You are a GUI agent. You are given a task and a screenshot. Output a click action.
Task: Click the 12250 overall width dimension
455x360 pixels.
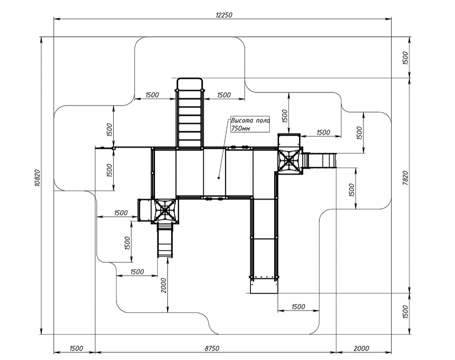224,15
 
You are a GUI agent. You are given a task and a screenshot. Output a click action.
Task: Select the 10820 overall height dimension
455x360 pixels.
37,178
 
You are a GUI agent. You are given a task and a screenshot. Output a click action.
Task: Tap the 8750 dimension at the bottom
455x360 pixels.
212,349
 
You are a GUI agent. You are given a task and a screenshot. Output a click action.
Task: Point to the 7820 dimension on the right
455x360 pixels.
406,178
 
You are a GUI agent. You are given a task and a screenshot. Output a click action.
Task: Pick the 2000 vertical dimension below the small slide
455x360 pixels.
164,285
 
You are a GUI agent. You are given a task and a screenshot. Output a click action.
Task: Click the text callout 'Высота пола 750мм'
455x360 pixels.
250,125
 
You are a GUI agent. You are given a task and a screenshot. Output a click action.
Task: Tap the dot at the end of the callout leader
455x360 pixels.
218,178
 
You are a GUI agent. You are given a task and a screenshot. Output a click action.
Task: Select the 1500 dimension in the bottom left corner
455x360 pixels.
76,349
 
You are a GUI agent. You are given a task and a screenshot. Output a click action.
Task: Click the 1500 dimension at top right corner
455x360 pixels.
406,58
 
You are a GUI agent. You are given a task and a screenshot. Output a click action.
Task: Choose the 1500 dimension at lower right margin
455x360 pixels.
406,312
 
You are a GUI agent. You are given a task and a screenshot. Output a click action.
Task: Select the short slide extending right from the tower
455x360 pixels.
319,161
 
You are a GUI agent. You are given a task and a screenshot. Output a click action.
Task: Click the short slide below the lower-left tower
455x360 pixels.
164,240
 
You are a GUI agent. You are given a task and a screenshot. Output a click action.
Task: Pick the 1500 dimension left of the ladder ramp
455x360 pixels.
152,95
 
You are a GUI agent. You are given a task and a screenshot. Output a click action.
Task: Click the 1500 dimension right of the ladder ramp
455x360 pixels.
224,95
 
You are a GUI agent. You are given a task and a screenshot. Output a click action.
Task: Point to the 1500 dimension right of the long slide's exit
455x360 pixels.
298,307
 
